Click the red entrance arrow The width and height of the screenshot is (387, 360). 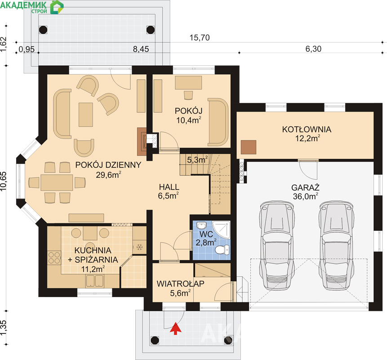[175, 328]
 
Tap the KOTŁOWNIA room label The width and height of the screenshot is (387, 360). [307, 130]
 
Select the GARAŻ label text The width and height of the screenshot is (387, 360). [305, 188]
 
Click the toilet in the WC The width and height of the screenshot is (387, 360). [222, 250]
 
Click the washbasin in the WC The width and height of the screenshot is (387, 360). [201, 225]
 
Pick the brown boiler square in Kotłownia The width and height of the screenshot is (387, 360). [248, 147]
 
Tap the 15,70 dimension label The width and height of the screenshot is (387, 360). [200, 37]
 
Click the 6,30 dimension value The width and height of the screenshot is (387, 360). [313, 49]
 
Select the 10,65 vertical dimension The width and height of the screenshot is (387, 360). [4, 181]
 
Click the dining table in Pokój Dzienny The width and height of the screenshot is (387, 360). [57, 182]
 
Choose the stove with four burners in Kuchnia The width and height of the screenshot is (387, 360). [54, 257]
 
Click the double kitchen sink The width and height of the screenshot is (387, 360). [95, 281]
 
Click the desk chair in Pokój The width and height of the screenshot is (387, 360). [188, 95]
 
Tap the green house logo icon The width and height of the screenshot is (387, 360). [57, 7]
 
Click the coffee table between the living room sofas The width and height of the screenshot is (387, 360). [86, 115]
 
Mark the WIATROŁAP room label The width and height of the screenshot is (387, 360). [180, 283]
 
